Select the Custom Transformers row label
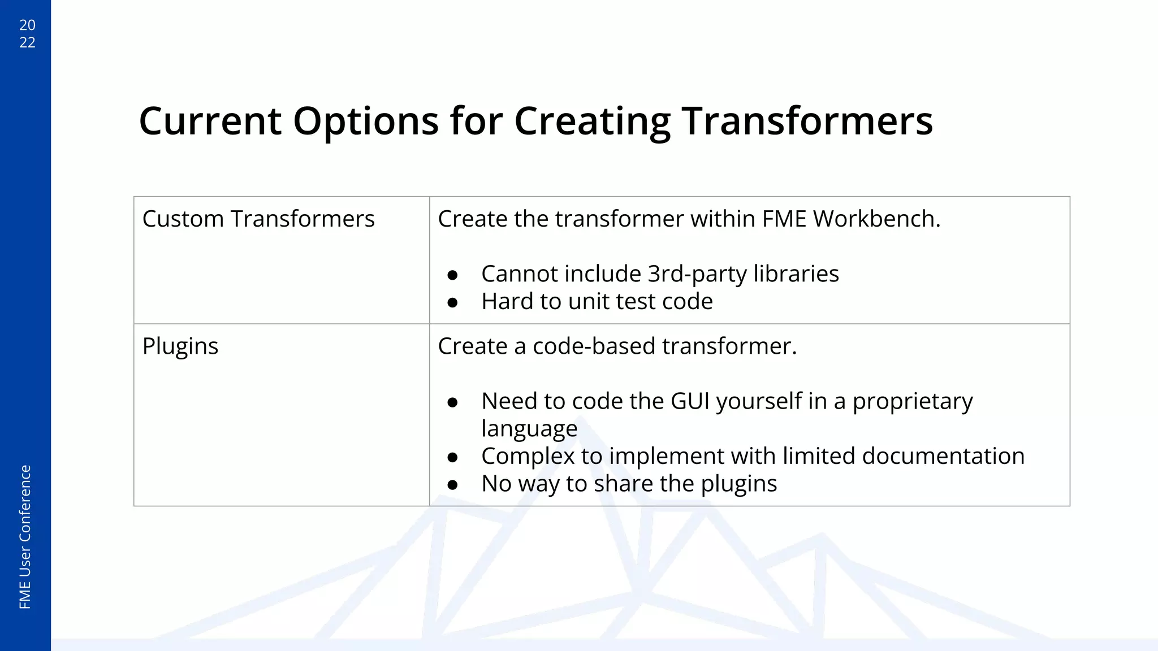[258, 219]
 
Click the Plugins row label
[180, 346]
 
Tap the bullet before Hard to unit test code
[452, 303]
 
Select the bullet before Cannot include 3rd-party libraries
[452, 275]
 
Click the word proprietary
[912, 401]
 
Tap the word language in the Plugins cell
[529, 429]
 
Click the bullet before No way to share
[452, 485]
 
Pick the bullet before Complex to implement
[452, 457]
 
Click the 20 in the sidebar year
[27, 25]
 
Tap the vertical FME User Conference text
[25, 537]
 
